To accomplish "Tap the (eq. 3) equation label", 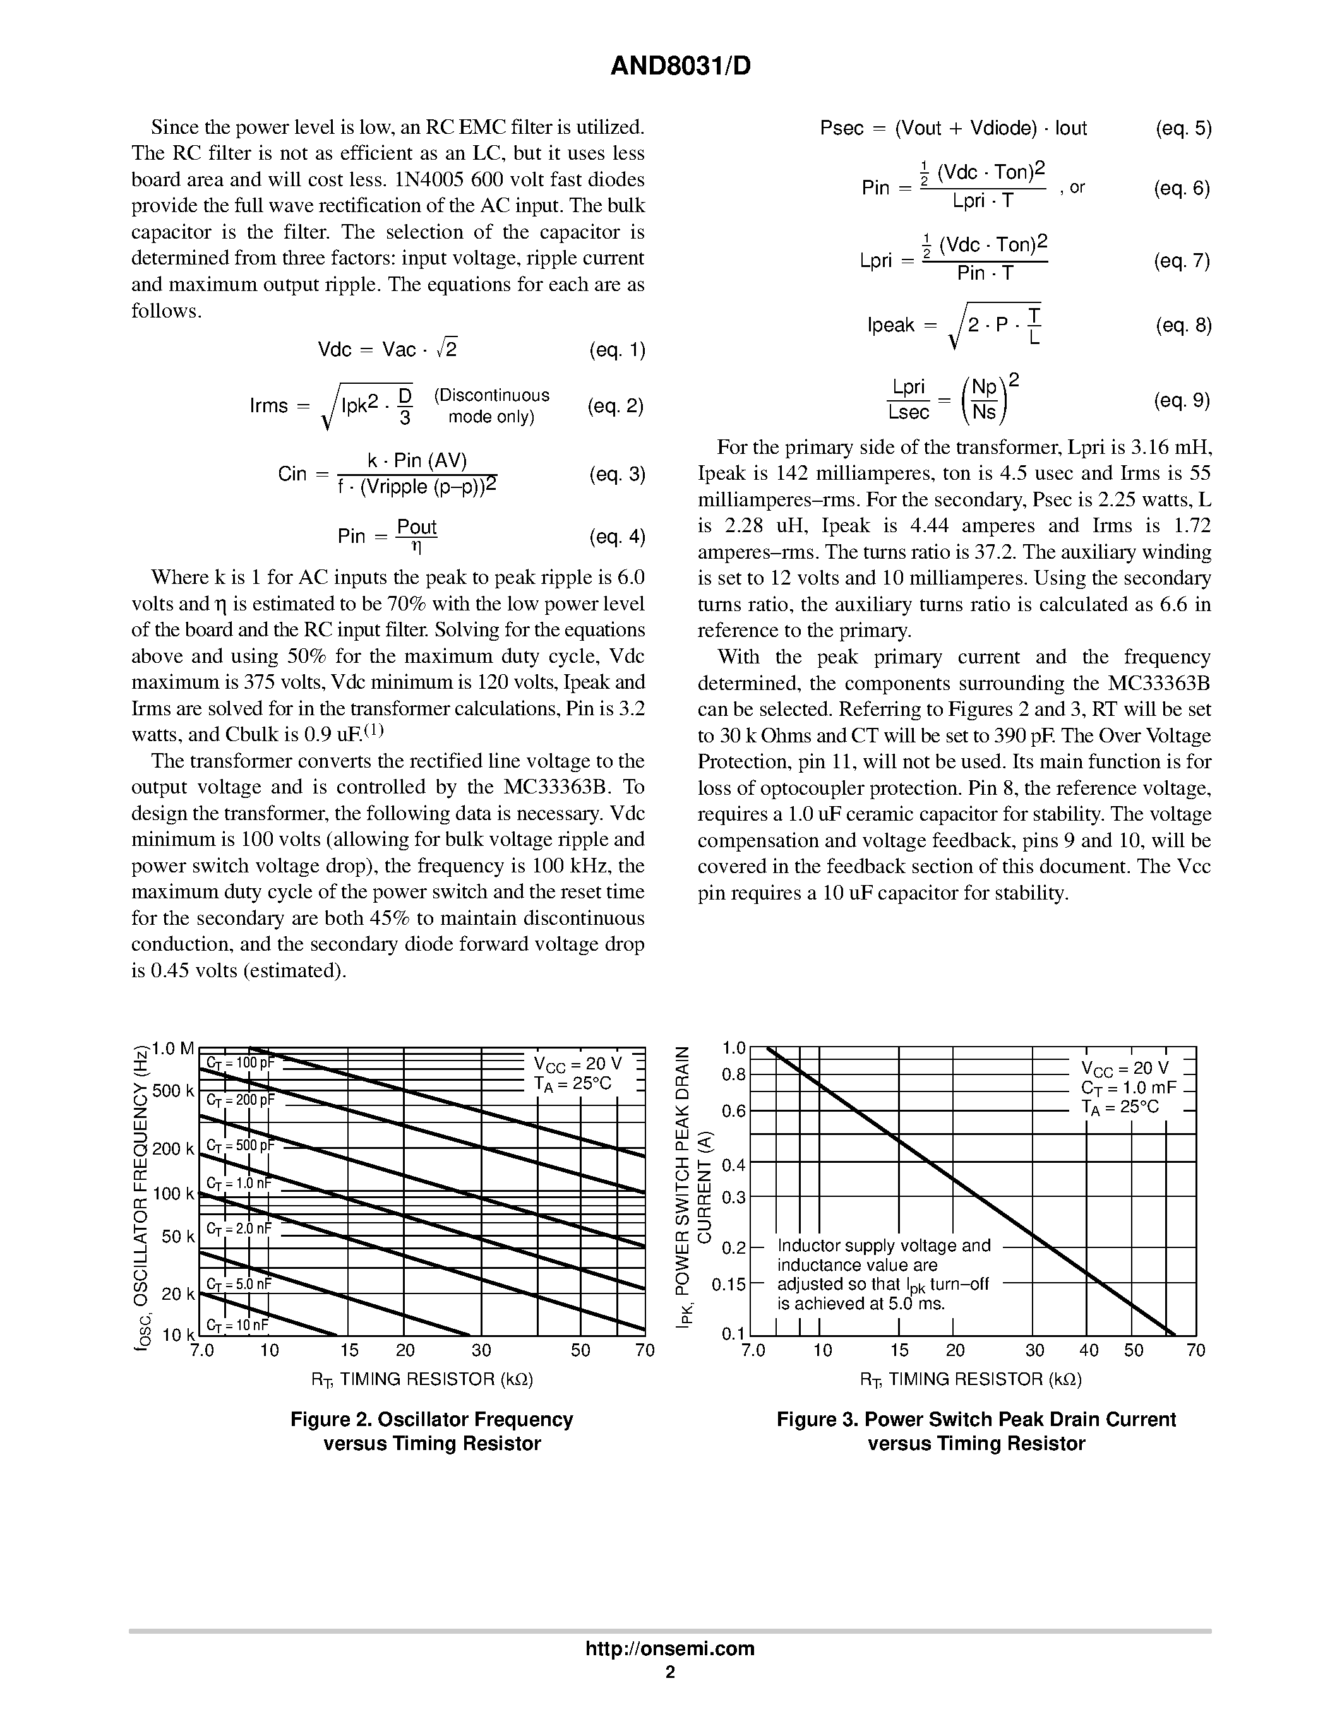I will (x=617, y=475).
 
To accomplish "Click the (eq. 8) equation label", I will (x=1183, y=325).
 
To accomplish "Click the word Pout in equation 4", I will (x=417, y=527).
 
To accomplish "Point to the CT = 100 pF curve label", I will (x=239, y=1062).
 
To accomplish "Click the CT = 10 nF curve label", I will (x=237, y=1325).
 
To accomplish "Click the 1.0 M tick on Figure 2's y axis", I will (x=172, y=1049).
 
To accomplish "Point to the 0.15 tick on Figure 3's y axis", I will (x=728, y=1285).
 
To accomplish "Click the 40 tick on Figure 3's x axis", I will (x=1088, y=1350).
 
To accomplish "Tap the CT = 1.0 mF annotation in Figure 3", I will (x=1127, y=1088).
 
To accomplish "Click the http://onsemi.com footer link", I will (x=669, y=1648).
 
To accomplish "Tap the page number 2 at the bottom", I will (x=670, y=1672).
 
